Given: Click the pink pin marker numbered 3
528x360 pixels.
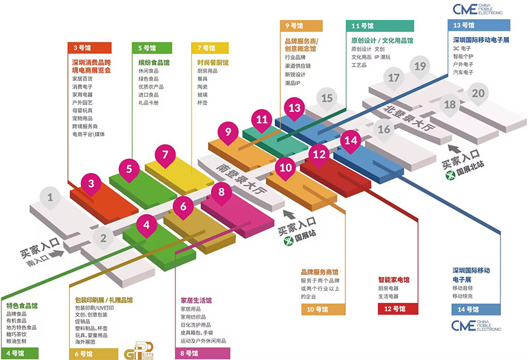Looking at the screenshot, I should tap(91, 184).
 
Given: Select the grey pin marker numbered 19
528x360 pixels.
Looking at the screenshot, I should tap(420, 66).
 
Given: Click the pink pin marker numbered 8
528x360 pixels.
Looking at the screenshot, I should tap(221, 192).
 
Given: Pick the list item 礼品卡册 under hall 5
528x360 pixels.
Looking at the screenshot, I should tap(148, 102).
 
